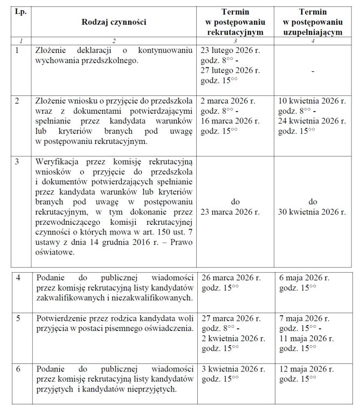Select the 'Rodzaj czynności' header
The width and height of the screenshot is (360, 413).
[x=114, y=22]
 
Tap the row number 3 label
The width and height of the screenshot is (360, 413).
[x=18, y=161]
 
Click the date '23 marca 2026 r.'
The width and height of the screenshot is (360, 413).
[x=235, y=212]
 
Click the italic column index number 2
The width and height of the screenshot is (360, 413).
[x=114, y=41]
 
